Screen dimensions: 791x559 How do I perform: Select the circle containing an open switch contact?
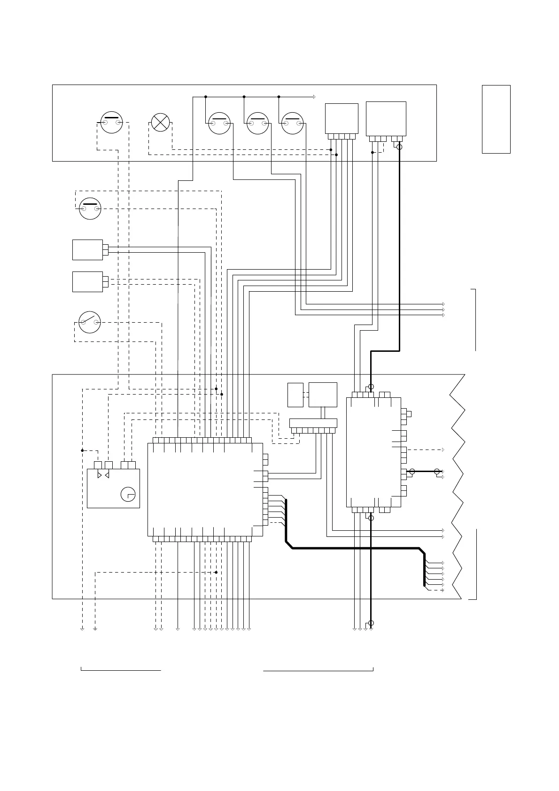click(x=90, y=322)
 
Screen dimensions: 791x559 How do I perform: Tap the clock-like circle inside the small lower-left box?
click(x=128, y=495)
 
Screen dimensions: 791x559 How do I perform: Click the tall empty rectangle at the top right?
click(x=496, y=119)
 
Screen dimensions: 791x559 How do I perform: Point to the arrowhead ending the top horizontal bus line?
click(x=313, y=97)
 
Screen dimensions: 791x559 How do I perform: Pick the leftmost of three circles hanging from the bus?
click(x=219, y=123)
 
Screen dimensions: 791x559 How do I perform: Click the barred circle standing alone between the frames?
click(x=90, y=209)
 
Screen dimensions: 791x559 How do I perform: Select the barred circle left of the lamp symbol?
click(x=112, y=122)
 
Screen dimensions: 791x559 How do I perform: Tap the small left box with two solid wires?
click(x=88, y=249)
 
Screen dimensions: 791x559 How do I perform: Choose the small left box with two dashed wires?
click(x=88, y=281)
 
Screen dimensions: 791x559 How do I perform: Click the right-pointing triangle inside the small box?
click(x=99, y=475)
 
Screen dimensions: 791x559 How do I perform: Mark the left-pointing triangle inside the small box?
click(x=107, y=475)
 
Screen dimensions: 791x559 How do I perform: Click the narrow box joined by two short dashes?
click(x=295, y=395)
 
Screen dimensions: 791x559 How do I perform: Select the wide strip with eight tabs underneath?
click(x=313, y=423)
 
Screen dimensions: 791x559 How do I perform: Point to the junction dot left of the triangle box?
click(x=82, y=450)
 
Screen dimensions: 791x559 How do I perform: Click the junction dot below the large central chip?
click(x=216, y=572)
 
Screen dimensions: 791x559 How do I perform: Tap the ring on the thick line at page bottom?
click(x=371, y=623)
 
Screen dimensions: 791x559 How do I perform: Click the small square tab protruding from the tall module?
click(x=409, y=414)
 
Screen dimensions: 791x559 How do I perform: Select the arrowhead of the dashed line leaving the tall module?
click(x=443, y=450)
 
